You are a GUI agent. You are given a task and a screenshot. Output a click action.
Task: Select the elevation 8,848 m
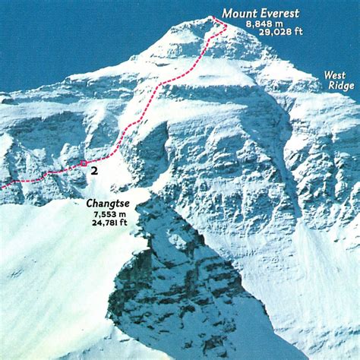pos(261,24)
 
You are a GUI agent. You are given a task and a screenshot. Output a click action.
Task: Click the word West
pos(334,75)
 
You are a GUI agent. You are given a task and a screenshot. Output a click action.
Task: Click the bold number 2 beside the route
pos(93,172)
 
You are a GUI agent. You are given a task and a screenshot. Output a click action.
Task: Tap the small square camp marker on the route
pos(83,163)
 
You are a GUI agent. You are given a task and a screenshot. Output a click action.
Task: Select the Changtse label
pos(107,204)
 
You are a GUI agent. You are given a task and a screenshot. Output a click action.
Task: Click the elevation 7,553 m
pos(107,214)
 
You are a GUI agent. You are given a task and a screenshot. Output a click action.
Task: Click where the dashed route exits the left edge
pos(2,185)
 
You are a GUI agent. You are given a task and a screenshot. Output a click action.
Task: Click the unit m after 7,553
pos(122,214)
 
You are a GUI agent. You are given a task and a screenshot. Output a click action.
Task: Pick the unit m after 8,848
pos(276,24)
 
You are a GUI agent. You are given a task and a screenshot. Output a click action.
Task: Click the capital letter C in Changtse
pos(90,204)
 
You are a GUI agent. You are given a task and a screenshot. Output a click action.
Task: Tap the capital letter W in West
pos(327,75)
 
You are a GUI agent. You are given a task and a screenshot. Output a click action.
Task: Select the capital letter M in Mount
pos(226,13)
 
